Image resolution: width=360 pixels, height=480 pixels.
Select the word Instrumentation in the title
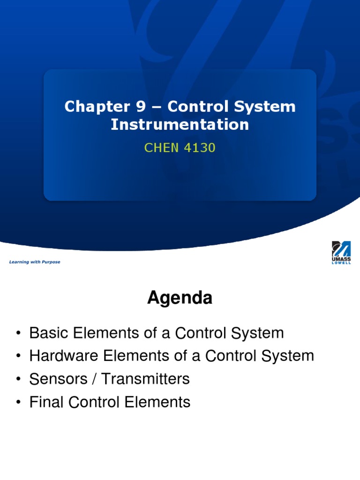[180, 125]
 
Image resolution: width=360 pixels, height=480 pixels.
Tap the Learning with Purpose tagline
[35, 262]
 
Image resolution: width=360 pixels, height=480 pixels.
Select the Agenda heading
[180, 298]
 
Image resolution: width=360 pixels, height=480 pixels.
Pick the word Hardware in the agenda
[61, 356]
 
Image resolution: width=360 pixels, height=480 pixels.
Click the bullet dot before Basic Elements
[17, 334]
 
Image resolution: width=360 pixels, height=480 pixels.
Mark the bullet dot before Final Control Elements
[17, 403]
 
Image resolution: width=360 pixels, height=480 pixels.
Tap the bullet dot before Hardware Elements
[17, 357]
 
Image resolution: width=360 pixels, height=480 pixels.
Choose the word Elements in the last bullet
[160, 402]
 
